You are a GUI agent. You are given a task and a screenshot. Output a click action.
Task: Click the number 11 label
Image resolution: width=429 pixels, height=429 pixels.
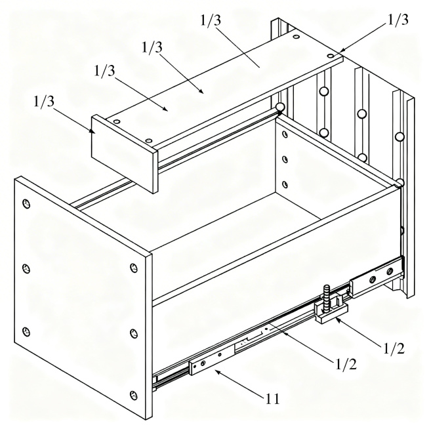[273, 399]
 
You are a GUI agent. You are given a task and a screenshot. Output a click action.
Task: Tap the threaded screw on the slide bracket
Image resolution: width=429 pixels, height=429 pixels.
[327, 298]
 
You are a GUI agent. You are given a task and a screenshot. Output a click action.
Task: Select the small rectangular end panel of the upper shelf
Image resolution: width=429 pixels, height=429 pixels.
[125, 153]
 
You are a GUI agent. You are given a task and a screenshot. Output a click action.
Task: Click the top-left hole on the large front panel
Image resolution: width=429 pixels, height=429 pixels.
[26, 204]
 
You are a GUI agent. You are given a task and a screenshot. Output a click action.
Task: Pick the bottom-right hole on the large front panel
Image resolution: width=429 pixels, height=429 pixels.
[133, 395]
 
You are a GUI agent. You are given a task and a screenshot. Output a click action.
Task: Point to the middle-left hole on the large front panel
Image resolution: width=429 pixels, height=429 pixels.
[26, 268]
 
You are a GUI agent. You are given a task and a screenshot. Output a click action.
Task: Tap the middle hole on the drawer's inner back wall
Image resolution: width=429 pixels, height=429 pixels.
[285, 159]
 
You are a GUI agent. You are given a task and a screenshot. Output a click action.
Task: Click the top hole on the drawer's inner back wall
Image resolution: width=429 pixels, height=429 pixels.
[285, 134]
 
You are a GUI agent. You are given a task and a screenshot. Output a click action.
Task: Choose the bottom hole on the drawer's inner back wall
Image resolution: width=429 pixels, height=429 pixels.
[285, 185]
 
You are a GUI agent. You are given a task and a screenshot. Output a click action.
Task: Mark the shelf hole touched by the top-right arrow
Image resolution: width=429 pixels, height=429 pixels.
[331, 56]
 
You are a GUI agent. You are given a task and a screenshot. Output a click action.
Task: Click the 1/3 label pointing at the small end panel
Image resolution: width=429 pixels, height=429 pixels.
[44, 102]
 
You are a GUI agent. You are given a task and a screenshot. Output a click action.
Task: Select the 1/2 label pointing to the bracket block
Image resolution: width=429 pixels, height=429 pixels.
[394, 348]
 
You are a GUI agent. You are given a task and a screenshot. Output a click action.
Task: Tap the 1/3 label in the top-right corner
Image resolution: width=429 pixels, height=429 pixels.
[398, 20]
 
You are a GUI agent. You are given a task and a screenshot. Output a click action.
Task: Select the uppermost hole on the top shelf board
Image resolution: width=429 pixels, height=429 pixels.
[295, 36]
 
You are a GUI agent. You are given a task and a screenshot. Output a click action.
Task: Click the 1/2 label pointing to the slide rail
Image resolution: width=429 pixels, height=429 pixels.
[346, 365]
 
